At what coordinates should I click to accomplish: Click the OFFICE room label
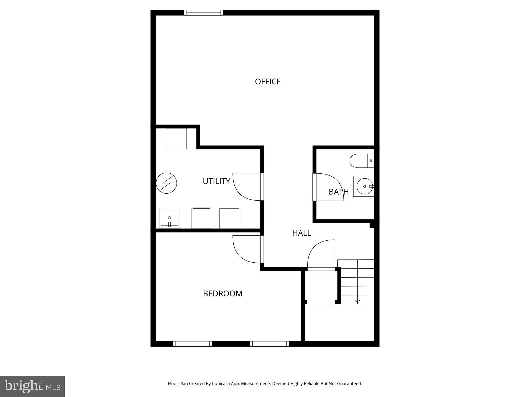268,82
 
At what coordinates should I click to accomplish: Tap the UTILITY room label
216,181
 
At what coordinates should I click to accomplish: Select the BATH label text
338,192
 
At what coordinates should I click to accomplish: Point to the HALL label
301,233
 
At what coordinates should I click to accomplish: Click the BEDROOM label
223,294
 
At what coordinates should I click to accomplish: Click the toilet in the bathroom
361,161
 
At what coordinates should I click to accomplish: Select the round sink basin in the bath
364,186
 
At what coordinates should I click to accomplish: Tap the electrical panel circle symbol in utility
166,183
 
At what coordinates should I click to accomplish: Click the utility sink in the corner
170,218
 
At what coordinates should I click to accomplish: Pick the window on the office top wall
204,13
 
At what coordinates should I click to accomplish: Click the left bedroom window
192,344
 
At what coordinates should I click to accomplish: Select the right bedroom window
269,344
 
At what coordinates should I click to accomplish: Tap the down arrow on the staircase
358,302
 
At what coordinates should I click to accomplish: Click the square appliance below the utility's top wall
176,139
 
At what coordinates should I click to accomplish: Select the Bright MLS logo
32,386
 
